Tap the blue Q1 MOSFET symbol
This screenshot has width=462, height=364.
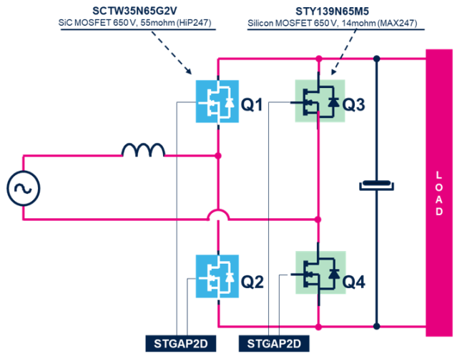pyautogui.click(x=217, y=102)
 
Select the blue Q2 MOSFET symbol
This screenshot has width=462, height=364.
pyautogui.click(x=217, y=275)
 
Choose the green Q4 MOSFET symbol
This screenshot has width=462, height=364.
pyautogui.click(x=320, y=272)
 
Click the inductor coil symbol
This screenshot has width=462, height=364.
pyautogui.click(x=143, y=149)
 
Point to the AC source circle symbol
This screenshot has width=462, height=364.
pyautogui.click(x=24, y=189)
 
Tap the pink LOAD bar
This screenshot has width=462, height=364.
pyautogui.click(x=439, y=192)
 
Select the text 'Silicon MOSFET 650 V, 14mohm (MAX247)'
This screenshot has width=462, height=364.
pyautogui.click(x=336, y=23)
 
